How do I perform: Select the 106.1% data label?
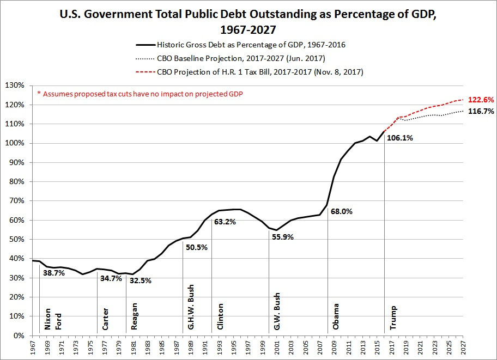(x=399, y=138)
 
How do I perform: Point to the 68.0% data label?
(x=341, y=211)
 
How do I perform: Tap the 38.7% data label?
(x=53, y=273)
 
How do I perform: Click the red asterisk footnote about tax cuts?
(x=140, y=94)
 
